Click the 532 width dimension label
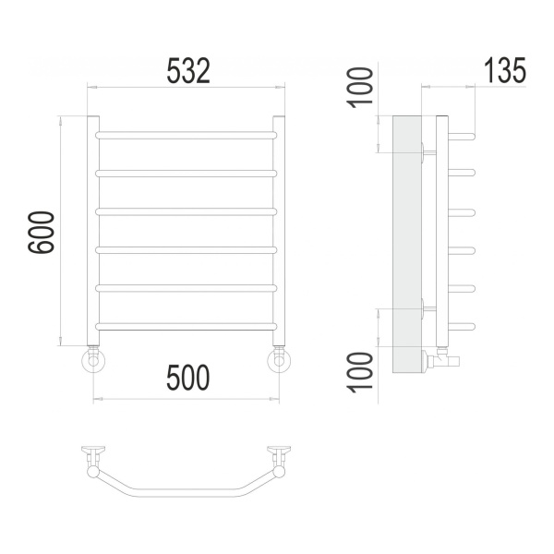188,71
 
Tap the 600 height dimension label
41,232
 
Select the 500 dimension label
188,378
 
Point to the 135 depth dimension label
504,70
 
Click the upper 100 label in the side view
360,88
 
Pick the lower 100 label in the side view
360,372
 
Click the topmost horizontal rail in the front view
187,135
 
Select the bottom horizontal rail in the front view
187,327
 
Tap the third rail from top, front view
187,211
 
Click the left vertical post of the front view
93,230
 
